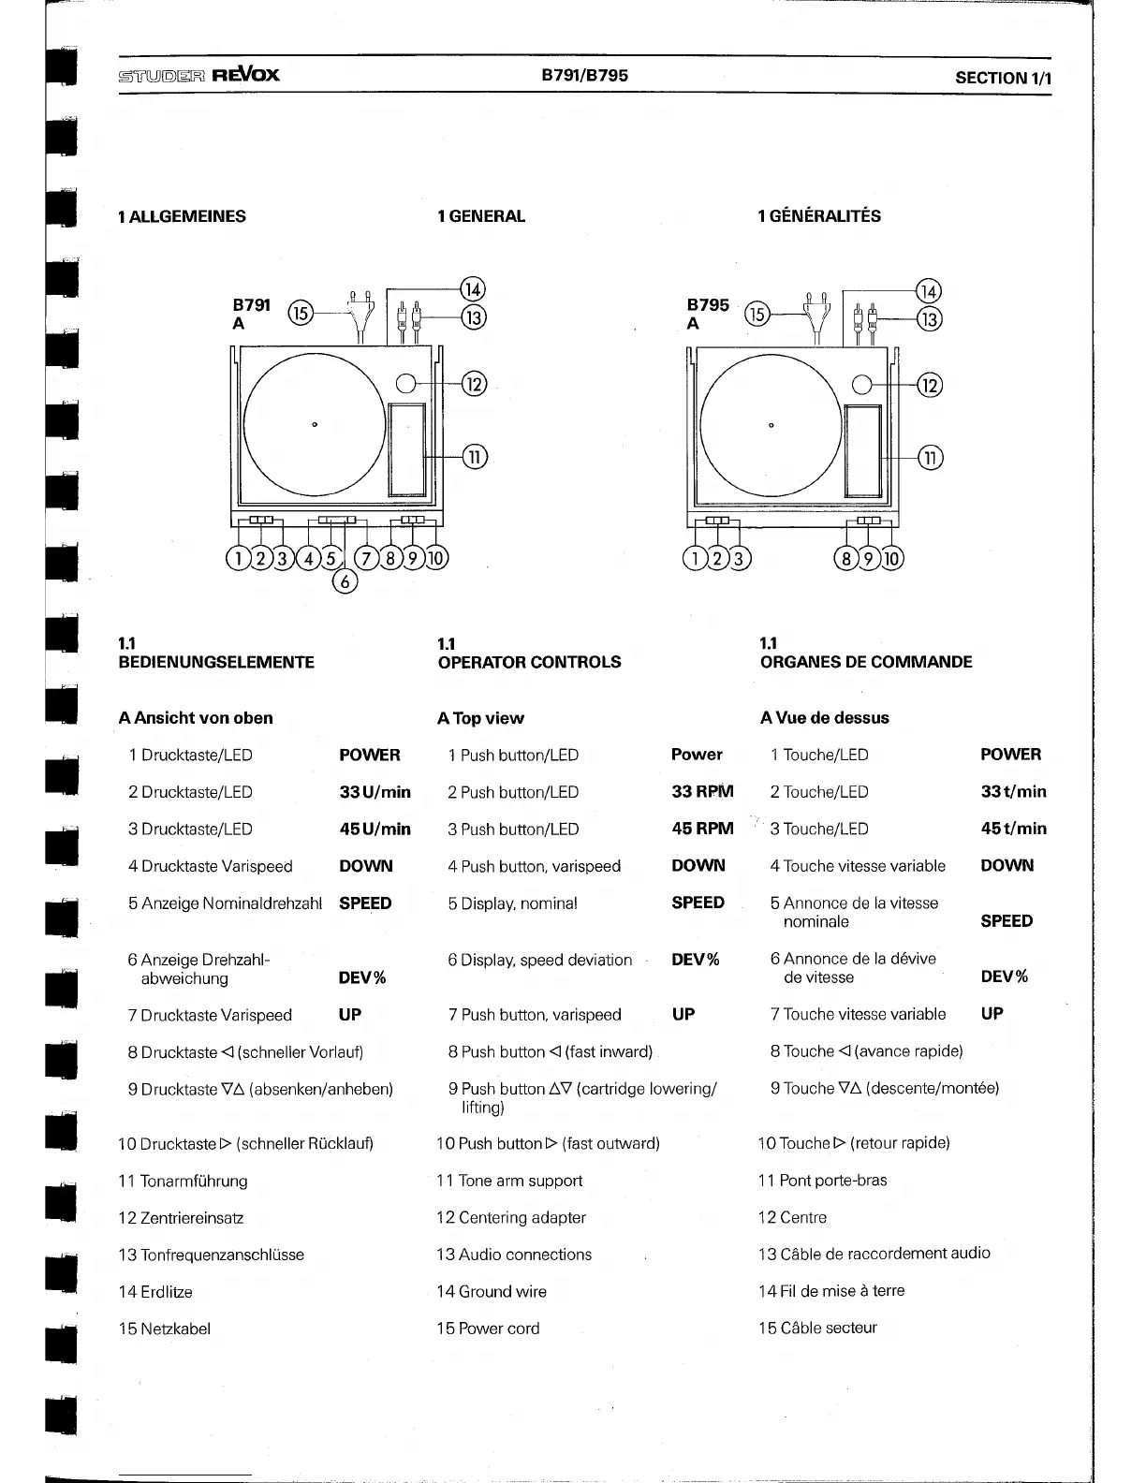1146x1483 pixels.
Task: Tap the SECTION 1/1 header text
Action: coord(1003,79)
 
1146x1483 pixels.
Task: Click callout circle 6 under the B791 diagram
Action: coord(345,581)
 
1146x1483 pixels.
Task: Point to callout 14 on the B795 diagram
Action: coord(928,291)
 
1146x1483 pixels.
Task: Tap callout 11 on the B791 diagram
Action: coord(475,457)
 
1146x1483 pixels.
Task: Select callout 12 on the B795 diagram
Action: coord(929,385)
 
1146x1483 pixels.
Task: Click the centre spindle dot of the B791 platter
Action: coord(315,425)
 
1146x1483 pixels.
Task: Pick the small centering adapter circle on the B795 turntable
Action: coord(863,385)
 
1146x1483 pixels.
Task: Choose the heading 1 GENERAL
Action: coord(481,216)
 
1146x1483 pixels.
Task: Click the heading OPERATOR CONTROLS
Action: coord(529,662)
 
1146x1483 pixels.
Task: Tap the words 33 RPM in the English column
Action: coord(702,791)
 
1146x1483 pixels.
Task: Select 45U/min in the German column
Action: coord(375,829)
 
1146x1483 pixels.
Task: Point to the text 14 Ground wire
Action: coord(492,1291)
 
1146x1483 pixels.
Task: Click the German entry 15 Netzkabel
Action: coord(165,1329)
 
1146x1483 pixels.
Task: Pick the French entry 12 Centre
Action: coord(792,1217)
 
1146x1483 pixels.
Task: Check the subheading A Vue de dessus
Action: coord(824,718)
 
